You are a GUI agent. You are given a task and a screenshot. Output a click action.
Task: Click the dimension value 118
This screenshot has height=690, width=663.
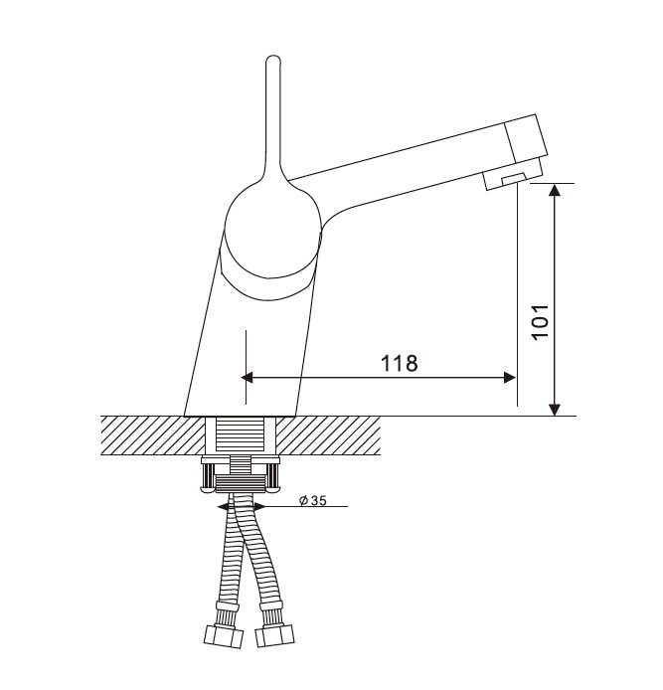click(x=399, y=363)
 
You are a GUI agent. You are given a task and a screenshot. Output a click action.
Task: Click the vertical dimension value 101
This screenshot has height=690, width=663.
click(x=541, y=321)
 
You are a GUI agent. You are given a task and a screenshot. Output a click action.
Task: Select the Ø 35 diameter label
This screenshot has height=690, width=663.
click(x=313, y=500)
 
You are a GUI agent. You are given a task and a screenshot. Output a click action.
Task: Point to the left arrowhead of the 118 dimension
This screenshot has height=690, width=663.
click(x=247, y=377)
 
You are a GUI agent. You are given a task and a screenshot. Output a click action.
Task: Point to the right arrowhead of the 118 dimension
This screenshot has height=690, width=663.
click(x=510, y=377)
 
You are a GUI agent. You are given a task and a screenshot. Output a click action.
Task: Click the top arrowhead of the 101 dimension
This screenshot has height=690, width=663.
click(x=556, y=190)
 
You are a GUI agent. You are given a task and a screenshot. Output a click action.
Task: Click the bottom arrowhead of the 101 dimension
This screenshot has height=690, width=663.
click(x=556, y=410)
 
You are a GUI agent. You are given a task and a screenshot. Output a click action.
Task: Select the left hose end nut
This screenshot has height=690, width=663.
click(x=225, y=636)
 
